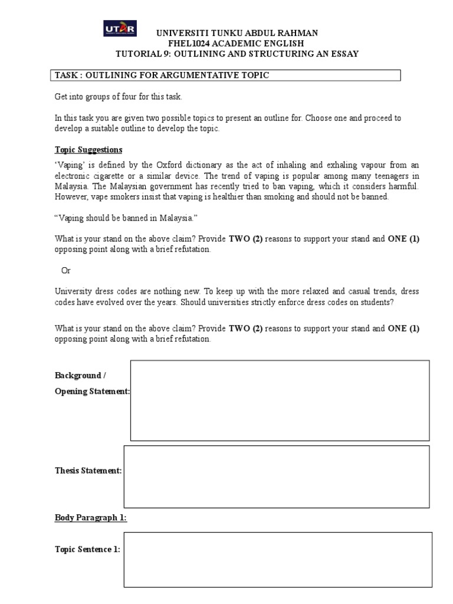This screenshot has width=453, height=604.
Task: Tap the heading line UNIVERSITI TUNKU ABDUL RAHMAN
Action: pyautogui.click(x=237, y=34)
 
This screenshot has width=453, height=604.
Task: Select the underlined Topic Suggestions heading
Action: pyautogui.click(x=88, y=150)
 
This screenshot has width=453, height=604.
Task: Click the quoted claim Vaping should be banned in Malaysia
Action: pyautogui.click(x=132, y=218)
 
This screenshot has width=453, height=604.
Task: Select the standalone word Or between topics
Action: pyautogui.click(x=66, y=270)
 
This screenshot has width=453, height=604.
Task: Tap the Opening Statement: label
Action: pyautogui.click(x=93, y=392)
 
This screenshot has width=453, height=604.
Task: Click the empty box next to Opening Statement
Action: pyautogui.click(x=280, y=401)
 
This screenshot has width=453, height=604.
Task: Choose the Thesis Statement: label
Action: pyautogui.click(x=88, y=471)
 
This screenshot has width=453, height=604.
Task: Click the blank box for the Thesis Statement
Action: pyautogui.click(x=276, y=477)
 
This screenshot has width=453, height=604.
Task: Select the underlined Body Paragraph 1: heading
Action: pyautogui.click(x=91, y=518)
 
